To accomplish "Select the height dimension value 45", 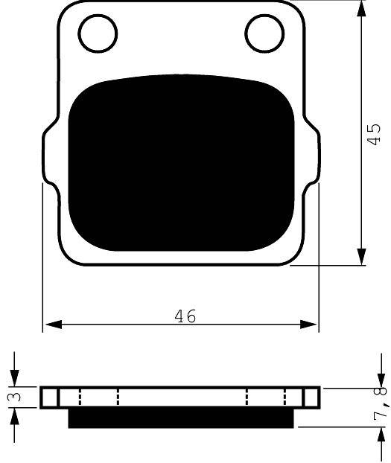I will (x=375, y=134).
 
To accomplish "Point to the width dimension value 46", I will (x=185, y=316).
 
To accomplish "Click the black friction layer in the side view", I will (x=181, y=418).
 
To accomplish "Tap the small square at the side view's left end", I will (x=49, y=397).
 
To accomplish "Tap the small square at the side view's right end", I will (x=312, y=397).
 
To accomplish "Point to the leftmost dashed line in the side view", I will (x=80, y=397).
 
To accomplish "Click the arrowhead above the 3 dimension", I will (x=14, y=379).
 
